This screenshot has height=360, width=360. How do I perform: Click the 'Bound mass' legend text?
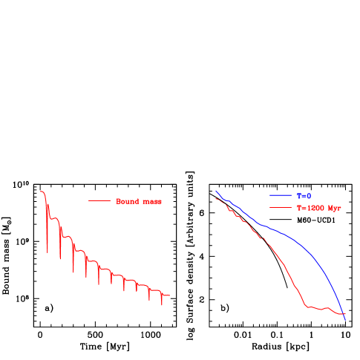(x=139, y=201)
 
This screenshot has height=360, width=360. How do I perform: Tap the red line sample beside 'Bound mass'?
(x=99, y=201)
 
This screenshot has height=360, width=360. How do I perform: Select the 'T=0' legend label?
(x=304, y=196)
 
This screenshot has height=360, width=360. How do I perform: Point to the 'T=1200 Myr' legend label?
(x=319, y=209)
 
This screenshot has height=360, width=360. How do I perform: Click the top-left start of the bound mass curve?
(x=41, y=192)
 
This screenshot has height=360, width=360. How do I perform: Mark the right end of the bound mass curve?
(x=170, y=295)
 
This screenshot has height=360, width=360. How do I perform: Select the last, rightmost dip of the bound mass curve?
(x=162, y=304)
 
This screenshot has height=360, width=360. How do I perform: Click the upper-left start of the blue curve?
(x=215, y=191)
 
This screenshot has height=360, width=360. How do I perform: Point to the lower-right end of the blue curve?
(x=345, y=320)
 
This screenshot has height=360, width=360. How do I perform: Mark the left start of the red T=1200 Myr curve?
(x=215, y=198)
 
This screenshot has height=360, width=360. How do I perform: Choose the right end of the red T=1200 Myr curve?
(x=346, y=315)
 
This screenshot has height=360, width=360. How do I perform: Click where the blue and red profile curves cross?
(x=342, y=313)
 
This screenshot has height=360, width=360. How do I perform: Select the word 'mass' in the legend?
(x=152, y=201)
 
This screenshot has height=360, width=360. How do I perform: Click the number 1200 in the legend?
(x=315, y=209)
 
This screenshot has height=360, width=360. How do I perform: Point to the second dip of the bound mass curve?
(x=59, y=259)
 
